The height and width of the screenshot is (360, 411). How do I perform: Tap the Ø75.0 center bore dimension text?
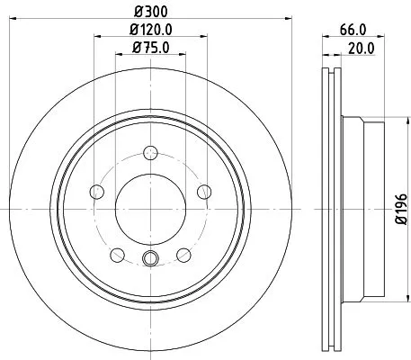(149, 48)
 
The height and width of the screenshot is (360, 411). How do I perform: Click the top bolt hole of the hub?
(150, 151)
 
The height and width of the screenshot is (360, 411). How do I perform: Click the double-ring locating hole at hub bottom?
(150, 260)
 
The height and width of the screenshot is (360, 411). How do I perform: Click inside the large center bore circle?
(150, 206)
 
